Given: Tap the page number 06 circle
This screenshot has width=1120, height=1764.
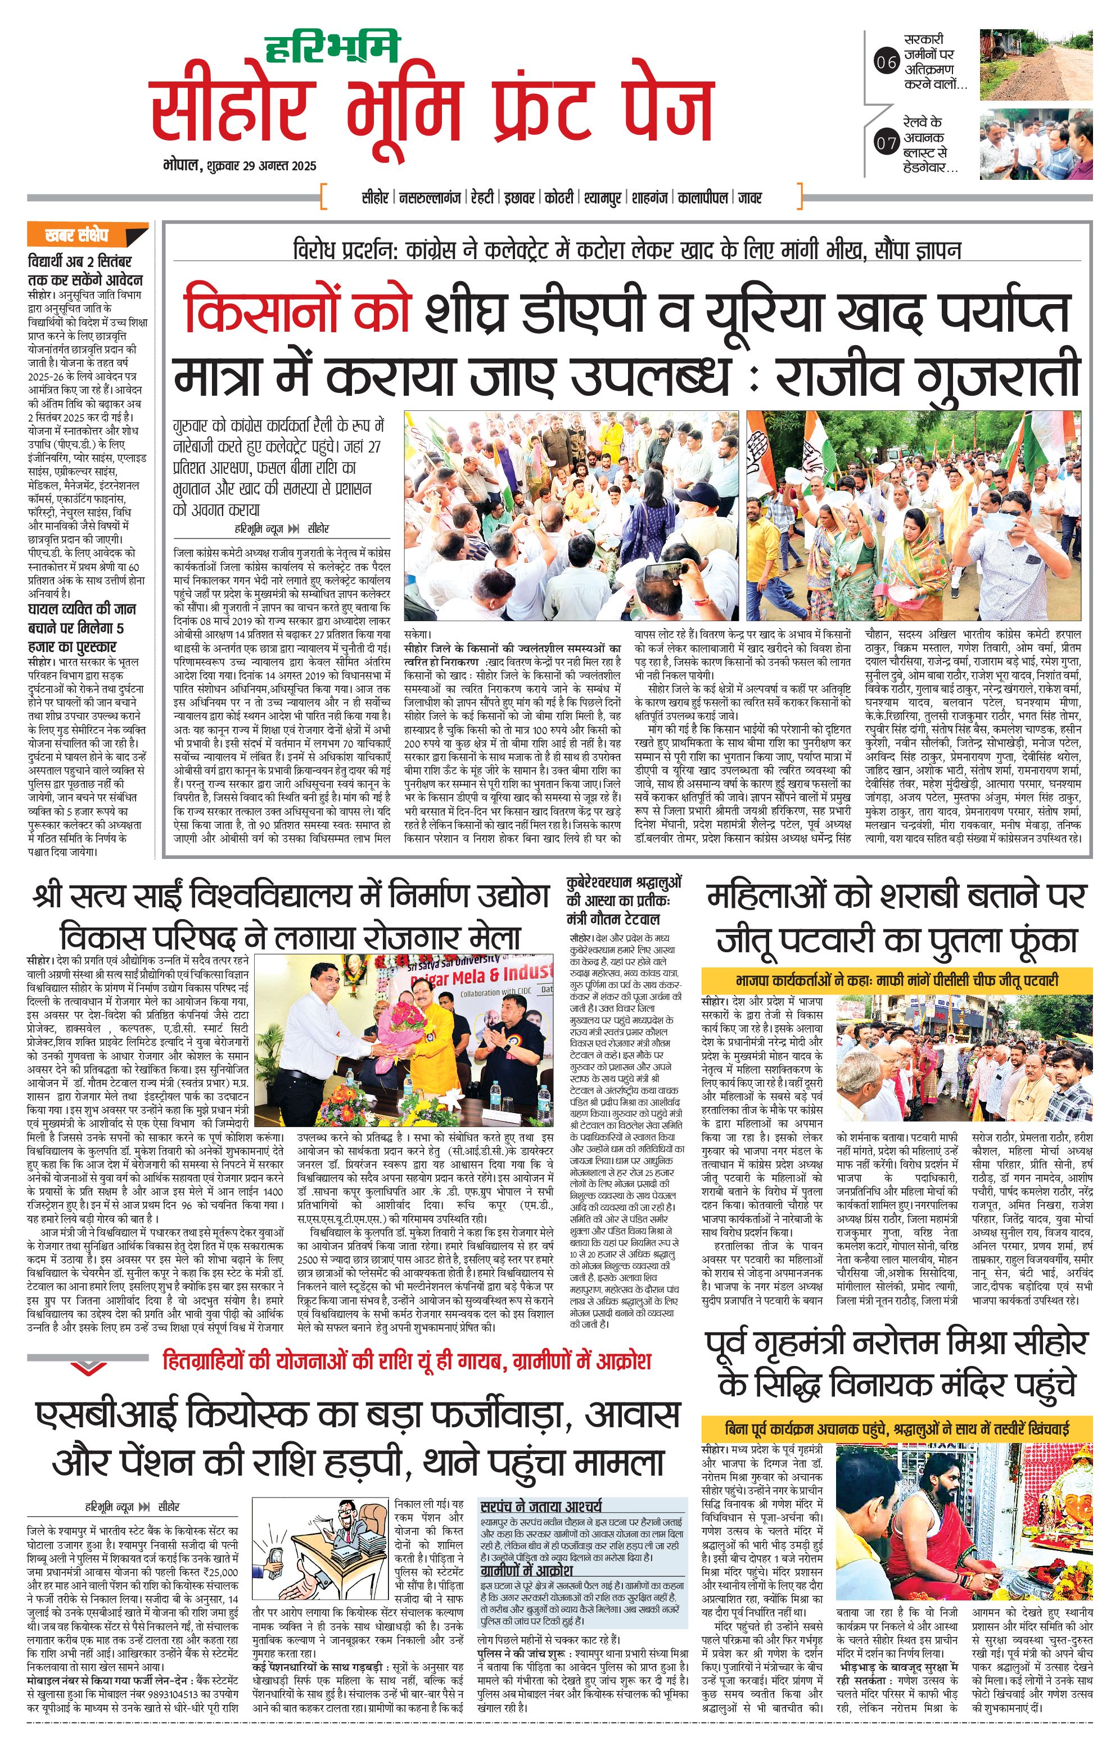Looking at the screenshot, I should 886,63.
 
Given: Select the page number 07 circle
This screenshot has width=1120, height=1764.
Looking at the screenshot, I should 886,142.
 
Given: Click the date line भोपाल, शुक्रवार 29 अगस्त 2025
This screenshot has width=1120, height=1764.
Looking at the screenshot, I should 240,166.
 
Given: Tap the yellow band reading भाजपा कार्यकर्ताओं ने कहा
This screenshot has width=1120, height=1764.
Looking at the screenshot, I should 897,980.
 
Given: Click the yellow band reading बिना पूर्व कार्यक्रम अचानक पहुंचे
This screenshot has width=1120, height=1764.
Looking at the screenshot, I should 897,1428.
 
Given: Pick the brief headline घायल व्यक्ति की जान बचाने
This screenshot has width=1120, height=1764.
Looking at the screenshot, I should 82,628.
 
